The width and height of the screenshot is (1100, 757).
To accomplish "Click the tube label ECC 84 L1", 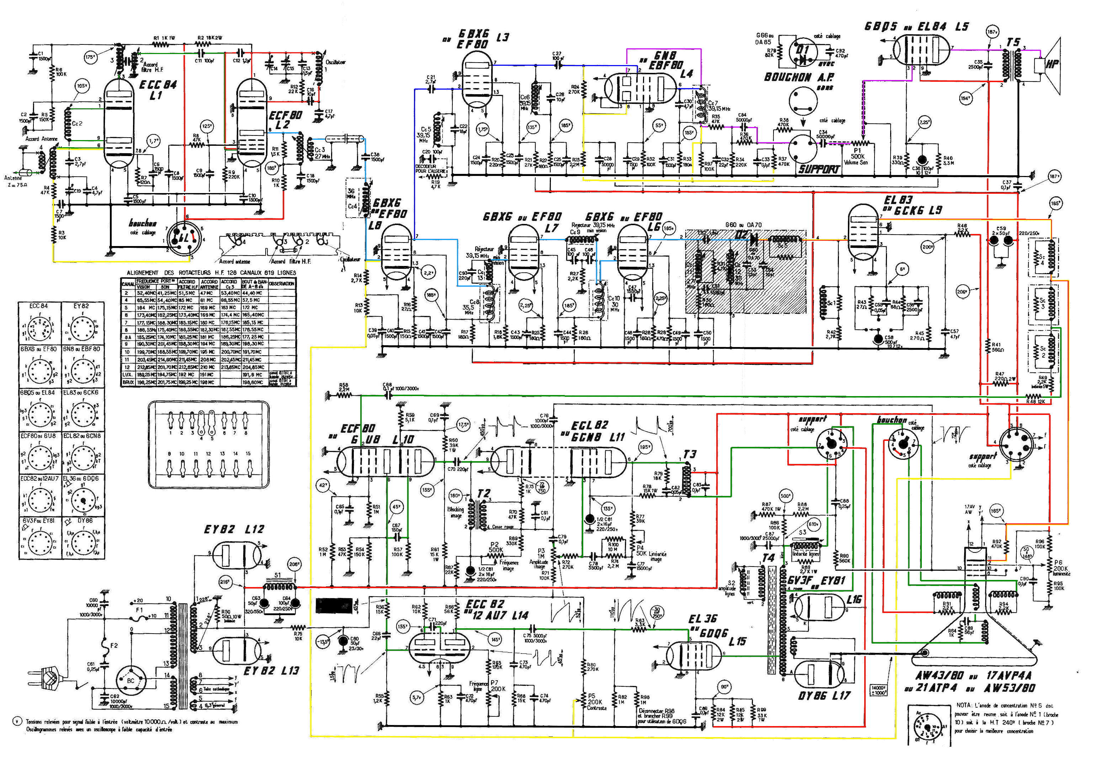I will point(158,90).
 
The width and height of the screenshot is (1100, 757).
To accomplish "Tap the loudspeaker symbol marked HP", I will point(1050,64).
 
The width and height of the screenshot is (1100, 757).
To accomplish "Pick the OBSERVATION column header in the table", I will point(282,284).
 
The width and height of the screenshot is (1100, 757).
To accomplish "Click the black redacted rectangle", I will point(334,606).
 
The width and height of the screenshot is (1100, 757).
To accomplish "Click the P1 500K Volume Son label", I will point(857,156).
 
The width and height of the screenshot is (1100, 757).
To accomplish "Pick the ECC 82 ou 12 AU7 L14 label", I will point(496,609).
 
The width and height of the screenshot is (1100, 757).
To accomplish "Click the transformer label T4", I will point(769,558).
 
